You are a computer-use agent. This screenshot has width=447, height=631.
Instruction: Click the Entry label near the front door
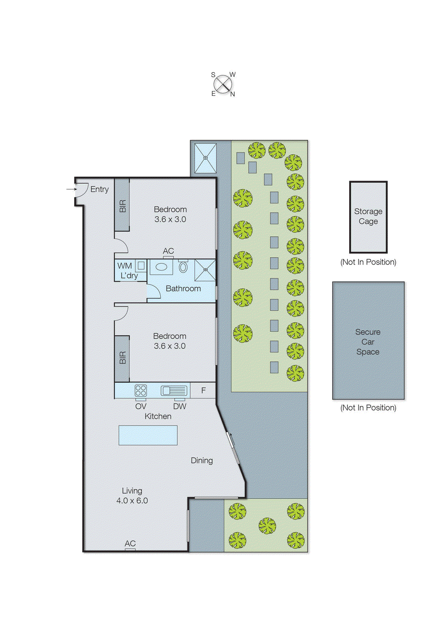(x=99, y=189)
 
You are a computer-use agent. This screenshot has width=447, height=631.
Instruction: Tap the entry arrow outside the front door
(x=71, y=189)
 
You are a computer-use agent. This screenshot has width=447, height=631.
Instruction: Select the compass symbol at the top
(x=223, y=84)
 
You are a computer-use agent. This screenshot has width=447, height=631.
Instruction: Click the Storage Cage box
(x=368, y=217)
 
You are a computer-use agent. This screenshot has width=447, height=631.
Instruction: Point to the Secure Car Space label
(x=368, y=342)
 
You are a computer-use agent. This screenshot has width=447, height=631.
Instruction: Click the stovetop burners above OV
(x=141, y=390)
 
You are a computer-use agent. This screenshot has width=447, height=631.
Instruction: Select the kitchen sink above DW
(x=174, y=390)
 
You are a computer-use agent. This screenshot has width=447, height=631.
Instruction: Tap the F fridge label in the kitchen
(x=204, y=390)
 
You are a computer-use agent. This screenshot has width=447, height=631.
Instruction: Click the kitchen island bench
(x=148, y=435)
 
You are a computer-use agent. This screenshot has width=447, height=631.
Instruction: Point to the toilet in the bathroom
(x=183, y=267)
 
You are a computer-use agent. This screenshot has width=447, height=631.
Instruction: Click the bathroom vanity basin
(x=161, y=267)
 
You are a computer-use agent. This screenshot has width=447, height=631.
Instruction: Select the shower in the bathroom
(x=205, y=270)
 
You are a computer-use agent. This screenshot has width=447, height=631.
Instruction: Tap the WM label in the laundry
(x=125, y=266)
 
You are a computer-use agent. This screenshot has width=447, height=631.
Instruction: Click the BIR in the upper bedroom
(x=122, y=205)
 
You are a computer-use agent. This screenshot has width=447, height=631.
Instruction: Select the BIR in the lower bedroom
(x=122, y=358)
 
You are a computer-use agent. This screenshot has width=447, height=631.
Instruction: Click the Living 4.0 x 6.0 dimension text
(x=132, y=500)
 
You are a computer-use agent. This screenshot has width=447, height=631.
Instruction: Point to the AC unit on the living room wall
(x=130, y=549)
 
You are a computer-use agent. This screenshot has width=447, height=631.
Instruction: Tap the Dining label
(x=202, y=460)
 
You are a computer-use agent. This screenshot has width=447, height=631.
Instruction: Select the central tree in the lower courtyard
(x=267, y=525)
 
